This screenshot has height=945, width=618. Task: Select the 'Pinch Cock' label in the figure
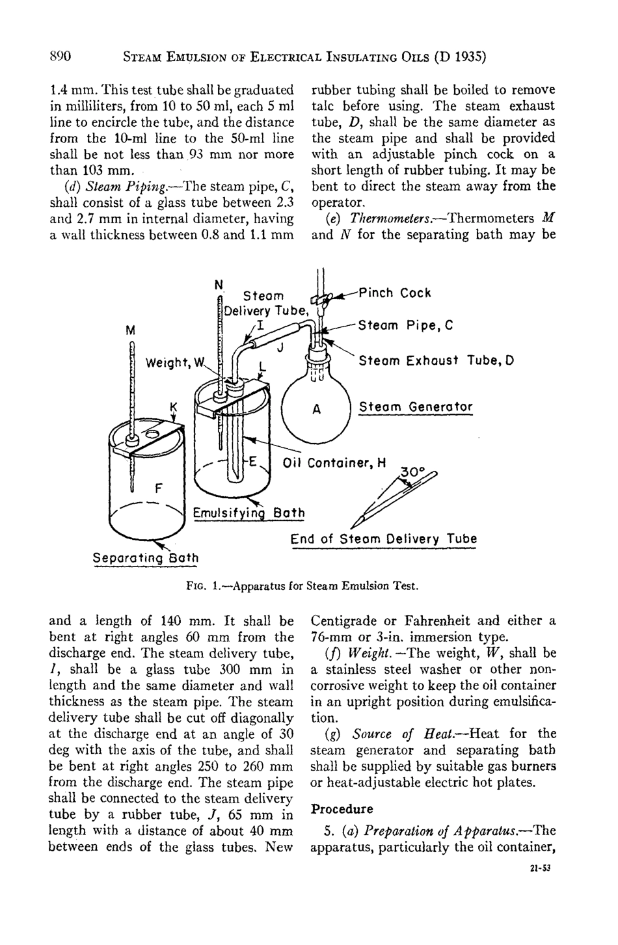click(396, 293)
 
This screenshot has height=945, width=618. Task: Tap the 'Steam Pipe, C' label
click(406, 325)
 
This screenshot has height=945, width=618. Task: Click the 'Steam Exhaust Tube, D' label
click(436, 360)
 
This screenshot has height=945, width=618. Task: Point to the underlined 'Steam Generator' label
click(416, 407)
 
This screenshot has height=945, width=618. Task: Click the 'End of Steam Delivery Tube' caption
click(383, 539)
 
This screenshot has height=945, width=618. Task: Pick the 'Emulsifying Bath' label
click(249, 513)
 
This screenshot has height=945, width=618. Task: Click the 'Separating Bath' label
click(146, 558)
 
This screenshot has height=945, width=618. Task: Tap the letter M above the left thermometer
click(131, 331)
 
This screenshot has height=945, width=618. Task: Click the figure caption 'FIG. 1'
click(204, 585)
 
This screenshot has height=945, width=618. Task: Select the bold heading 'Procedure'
click(342, 809)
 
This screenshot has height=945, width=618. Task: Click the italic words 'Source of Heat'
click(393, 734)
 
